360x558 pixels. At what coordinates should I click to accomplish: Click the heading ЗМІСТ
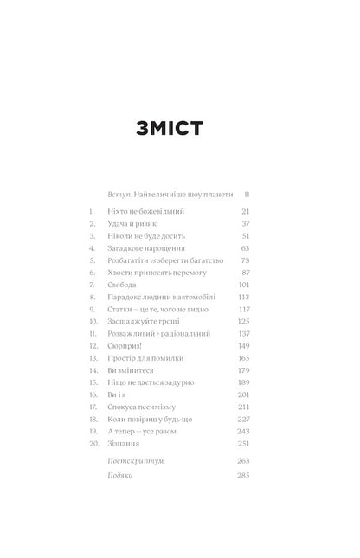tap(180, 130)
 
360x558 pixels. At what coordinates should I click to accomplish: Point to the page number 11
tap(246, 195)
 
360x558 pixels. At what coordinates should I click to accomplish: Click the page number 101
tap(243, 284)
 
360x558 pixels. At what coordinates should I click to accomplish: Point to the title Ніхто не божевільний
tap(147, 211)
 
